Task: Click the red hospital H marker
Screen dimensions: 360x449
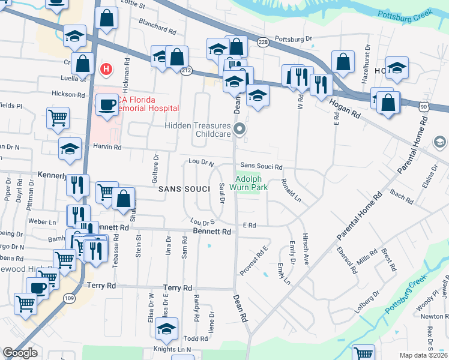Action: coord(106,70)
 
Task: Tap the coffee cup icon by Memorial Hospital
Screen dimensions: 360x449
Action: coord(107,104)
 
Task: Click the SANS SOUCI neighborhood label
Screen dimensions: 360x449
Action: coord(184,189)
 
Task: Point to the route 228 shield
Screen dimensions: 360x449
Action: coord(262,42)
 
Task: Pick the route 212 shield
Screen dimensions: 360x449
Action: coord(186,71)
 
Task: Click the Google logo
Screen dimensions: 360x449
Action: coord(20,353)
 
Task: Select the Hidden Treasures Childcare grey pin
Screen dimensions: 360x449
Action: coord(240,128)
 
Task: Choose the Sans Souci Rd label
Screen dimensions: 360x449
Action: coord(261,166)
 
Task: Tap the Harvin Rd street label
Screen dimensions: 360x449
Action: coord(107,147)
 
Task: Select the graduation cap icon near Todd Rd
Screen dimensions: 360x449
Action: coord(166,328)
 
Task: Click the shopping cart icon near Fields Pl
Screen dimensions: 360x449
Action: coord(58,118)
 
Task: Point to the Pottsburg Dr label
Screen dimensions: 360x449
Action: coord(294,39)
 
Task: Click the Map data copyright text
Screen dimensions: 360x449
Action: coord(424,355)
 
